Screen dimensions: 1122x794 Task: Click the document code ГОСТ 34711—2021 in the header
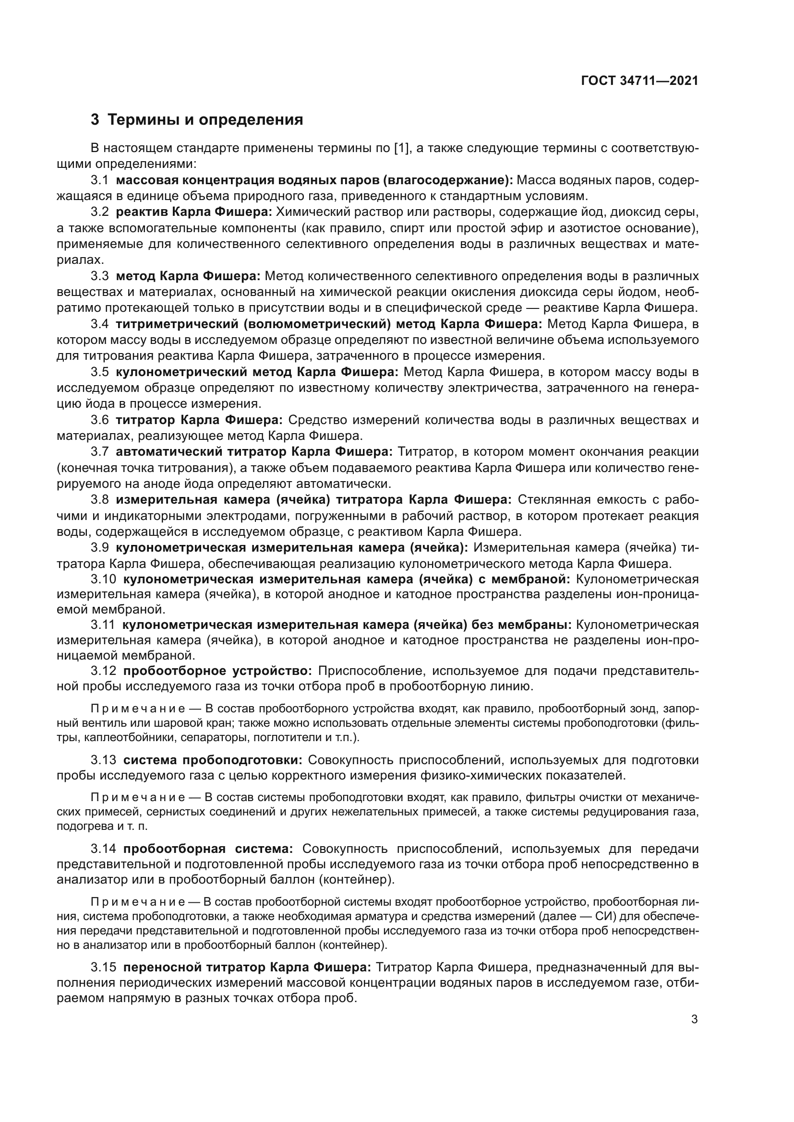coord(639,81)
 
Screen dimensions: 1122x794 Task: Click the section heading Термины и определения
coord(205,120)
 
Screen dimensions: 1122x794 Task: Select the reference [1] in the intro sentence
coord(401,148)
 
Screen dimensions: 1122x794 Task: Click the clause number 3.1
coord(99,180)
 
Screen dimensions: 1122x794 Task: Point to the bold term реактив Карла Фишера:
coord(193,212)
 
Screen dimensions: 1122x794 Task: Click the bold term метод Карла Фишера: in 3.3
coord(188,276)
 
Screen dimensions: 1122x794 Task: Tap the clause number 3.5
coord(99,372)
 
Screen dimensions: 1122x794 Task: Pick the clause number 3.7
coord(99,451)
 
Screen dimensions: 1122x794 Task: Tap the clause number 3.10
coord(103,579)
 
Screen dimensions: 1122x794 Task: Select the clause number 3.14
coord(103,849)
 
